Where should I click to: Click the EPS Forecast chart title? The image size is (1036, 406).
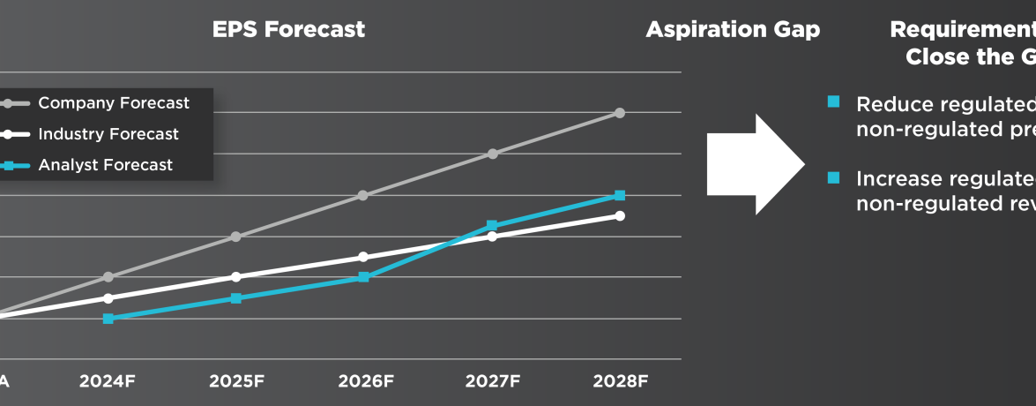click(x=288, y=29)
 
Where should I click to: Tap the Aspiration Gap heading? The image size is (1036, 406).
click(x=733, y=29)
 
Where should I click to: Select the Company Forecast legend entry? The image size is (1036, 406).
click(x=113, y=103)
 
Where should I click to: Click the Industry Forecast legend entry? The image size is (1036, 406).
click(x=108, y=134)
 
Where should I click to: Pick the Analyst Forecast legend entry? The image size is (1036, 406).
click(x=105, y=165)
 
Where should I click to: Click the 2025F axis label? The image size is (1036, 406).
click(x=236, y=382)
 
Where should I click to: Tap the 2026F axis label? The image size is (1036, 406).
click(x=365, y=382)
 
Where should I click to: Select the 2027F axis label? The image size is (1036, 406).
click(x=493, y=382)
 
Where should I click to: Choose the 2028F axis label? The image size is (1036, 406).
click(x=621, y=382)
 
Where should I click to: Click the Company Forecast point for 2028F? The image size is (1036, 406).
click(x=620, y=113)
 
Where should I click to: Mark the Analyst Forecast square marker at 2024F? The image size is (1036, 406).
click(x=108, y=319)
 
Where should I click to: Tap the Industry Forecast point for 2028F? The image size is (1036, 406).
click(x=620, y=215)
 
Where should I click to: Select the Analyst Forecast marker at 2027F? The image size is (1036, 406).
click(x=492, y=226)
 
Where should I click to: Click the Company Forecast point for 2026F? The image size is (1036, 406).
click(x=363, y=195)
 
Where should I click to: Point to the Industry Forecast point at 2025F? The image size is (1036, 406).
click(x=235, y=277)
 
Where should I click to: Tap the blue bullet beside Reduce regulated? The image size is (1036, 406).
click(x=833, y=101)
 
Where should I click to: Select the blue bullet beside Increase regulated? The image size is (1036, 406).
click(x=833, y=177)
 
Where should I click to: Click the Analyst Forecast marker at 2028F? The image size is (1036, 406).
click(x=620, y=195)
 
